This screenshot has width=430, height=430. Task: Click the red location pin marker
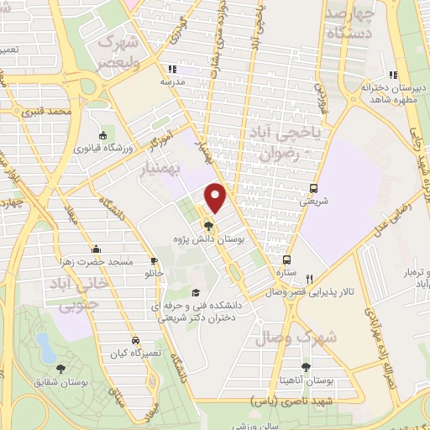coord(216,198)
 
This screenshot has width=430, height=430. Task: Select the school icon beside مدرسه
coord(171,70)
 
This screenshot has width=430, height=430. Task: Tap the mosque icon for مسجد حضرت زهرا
coord(97,249)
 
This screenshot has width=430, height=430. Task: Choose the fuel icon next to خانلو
coord(154,260)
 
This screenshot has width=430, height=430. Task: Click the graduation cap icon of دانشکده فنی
coord(196,292)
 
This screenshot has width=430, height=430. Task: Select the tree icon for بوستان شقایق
coord(60,368)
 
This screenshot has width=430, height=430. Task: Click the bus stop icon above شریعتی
coord(313,188)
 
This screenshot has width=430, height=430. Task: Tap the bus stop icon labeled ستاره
coord(287,260)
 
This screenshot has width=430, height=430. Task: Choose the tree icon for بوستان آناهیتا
coord(306,367)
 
